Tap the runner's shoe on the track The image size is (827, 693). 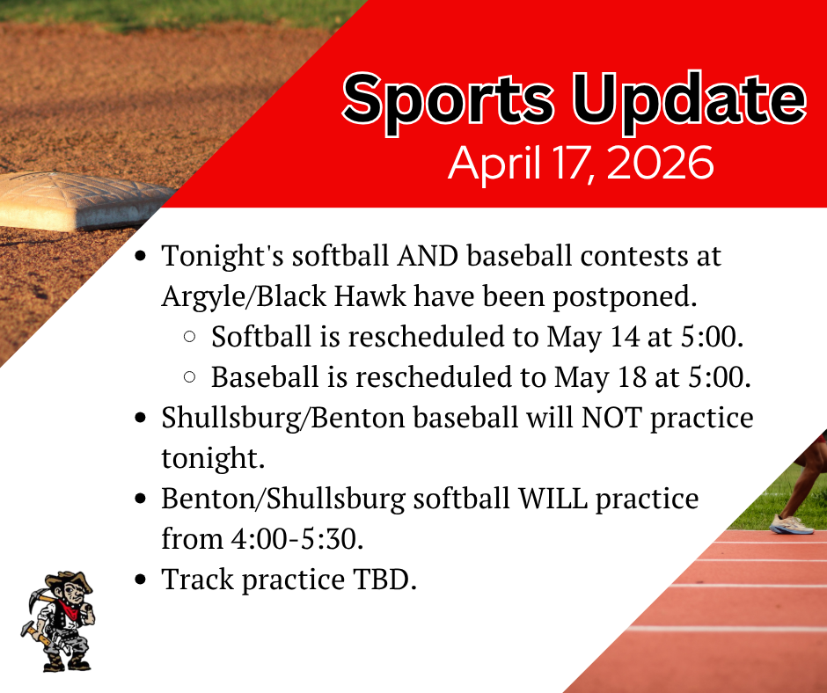tap(791, 525)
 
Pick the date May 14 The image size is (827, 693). tap(596, 337)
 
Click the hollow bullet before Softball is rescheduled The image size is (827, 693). tap(189, 338)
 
